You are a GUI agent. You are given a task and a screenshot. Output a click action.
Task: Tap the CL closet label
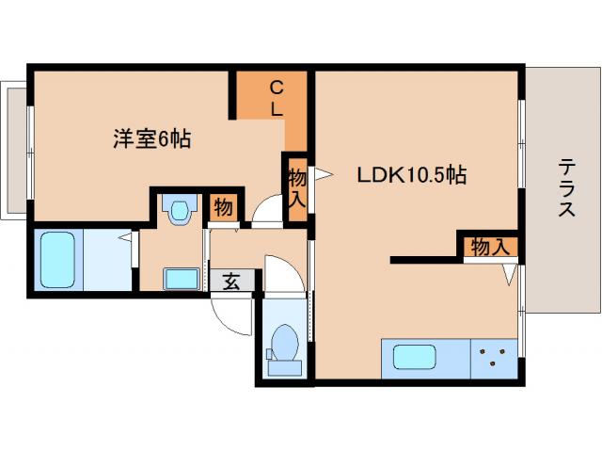tap(277, 98)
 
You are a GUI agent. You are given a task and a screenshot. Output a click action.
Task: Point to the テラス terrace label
tap(566, 188)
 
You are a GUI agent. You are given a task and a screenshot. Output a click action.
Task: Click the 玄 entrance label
tap(230, 281)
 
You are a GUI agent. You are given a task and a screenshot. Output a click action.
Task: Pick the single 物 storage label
tap(224, 207)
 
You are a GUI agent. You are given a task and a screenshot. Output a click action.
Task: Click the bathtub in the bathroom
tap(62, 259)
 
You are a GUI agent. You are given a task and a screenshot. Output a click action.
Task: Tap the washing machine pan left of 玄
tap(181, 279)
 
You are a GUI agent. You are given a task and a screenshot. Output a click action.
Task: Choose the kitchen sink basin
tap(414, 358)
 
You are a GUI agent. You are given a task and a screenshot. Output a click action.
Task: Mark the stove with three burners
tap(494, 358)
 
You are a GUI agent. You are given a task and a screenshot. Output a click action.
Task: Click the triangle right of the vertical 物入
tap(323, 174)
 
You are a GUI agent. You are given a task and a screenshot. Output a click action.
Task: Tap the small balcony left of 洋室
tap(13, 151)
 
